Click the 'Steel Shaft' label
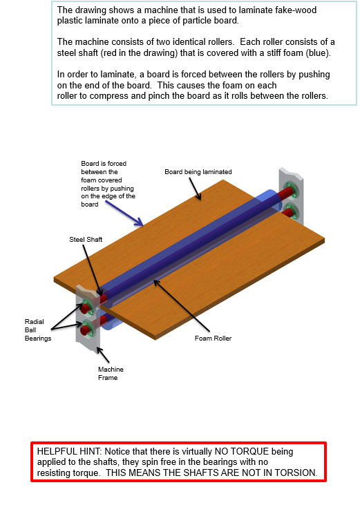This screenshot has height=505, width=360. point(84,239)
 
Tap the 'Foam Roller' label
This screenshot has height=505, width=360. point(213,339)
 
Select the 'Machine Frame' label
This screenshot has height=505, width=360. point(111,374)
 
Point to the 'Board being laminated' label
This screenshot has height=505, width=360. point(198,171)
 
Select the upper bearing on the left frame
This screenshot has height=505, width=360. point(87,307)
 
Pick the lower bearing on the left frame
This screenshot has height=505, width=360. point(87,327)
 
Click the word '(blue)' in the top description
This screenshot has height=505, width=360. point(318,53)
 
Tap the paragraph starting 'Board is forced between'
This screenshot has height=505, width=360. point(107,184)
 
